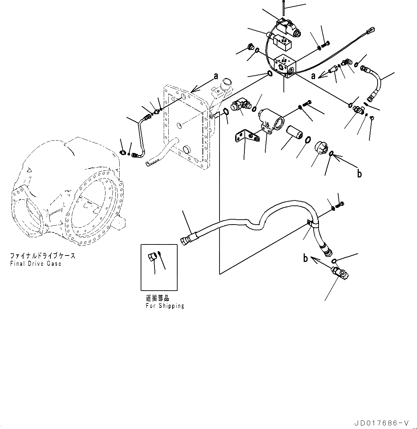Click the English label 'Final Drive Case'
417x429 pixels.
36,264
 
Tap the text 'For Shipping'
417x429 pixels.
165,306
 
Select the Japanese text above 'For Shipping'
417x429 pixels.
157,299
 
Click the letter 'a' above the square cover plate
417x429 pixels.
215,76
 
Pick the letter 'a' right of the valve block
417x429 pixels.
313,76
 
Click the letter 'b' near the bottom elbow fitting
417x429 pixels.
305,258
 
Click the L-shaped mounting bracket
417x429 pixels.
244,137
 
